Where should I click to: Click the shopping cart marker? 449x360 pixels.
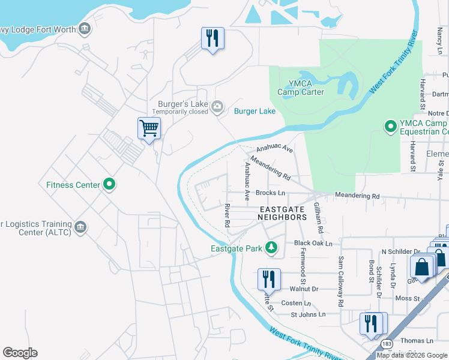pos(149,128)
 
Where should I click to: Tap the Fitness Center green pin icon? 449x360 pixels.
pos(109,184)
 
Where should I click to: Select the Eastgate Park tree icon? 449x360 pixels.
pos(271,248)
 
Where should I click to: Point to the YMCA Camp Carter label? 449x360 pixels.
pos(301,88)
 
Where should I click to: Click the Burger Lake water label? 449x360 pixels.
pos(255,111)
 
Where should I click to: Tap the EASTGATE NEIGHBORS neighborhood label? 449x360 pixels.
pos(282,214)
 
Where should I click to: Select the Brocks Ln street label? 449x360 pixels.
pos(270,193)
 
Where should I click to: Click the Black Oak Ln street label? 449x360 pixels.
pos(313,243)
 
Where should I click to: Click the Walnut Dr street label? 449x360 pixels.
pos(306,289)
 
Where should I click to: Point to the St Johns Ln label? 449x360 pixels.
pos(308,314)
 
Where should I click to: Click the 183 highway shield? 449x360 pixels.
pos(387,343)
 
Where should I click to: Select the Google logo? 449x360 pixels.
pos(20,353)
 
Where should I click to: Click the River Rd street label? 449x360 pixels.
pos(228,215)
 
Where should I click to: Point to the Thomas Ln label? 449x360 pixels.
pos(417,340)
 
